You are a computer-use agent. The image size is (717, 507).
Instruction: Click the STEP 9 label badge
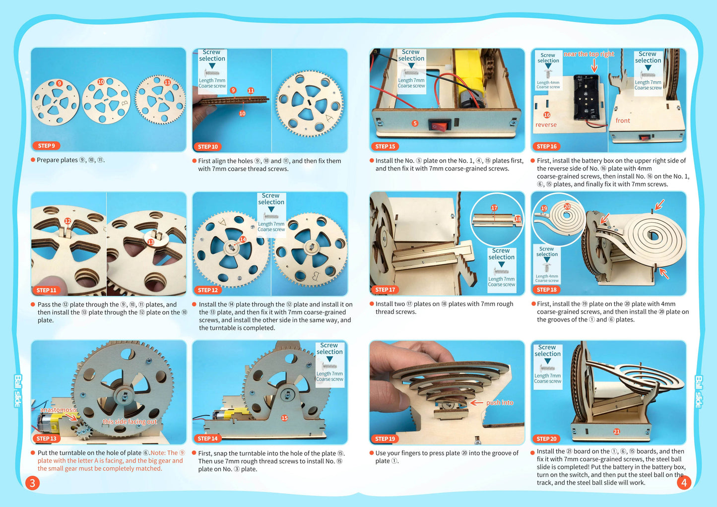click(x=47, y=145)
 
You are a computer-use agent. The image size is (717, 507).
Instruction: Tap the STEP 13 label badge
click(x=47, y=439)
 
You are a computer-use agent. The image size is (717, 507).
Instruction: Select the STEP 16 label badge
click(x=547, y=146)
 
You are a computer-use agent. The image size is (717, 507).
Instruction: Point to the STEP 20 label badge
click(x=546, y=439)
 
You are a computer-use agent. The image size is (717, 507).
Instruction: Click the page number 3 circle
click(x=32, y=483)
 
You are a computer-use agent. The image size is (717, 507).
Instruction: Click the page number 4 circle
click(x=684, y=482)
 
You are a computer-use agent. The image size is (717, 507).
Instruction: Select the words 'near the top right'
click(x=588, y=54)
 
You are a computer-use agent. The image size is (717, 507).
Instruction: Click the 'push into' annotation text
click(x=500, y=402)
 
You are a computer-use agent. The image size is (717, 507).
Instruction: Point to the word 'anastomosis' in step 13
click(x=59, y=410)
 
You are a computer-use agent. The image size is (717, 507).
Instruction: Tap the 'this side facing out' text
click(x=130, y=422)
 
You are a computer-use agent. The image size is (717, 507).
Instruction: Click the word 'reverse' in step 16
click(x=546, y=125)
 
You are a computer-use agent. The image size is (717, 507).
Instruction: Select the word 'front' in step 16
click(x=623, y=121)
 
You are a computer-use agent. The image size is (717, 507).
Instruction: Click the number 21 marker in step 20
click(x=616, y=432)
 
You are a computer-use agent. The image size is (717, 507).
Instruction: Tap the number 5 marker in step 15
click(x=415, y=123)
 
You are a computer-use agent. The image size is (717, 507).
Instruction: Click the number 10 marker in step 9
click(x=101, y=82)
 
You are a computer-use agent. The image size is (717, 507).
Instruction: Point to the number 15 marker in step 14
click(x=284, y=418)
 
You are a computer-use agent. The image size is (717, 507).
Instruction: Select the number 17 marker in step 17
click(x=494, y=208)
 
